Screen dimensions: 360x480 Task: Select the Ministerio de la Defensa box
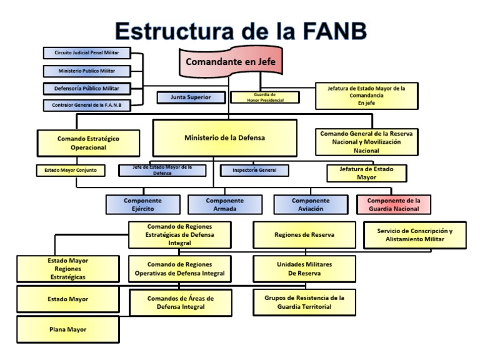click(x=224, y=137)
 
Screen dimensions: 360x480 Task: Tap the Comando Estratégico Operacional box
click(x=88, y=143)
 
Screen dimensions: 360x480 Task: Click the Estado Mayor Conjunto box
click(x=71, y=169)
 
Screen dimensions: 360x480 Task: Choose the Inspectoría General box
click(x=255, y=169)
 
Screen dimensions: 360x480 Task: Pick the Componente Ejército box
click(x=143, y=205)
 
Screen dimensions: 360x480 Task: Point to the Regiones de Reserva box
click(x=304, y=235)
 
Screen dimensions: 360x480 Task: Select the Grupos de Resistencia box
click(x=304, y=302)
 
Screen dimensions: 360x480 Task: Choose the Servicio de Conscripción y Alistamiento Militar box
click(x=414, y=236)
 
